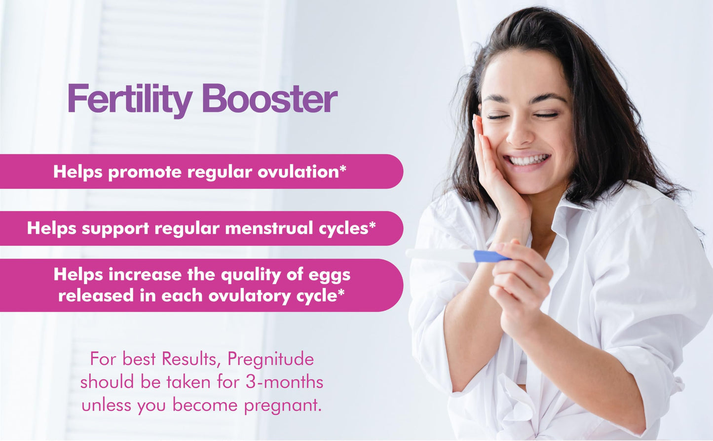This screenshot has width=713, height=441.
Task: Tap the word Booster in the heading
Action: coord(269,98)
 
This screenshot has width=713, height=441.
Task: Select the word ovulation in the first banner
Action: coord(298,172)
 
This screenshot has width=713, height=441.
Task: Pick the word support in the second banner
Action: coord(115,229)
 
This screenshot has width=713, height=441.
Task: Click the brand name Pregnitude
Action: coord(270,360)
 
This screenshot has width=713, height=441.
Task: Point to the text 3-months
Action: coord(284,381)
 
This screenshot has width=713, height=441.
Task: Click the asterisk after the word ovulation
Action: coord(343,168)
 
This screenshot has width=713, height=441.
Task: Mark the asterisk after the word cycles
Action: coord(372,224)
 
